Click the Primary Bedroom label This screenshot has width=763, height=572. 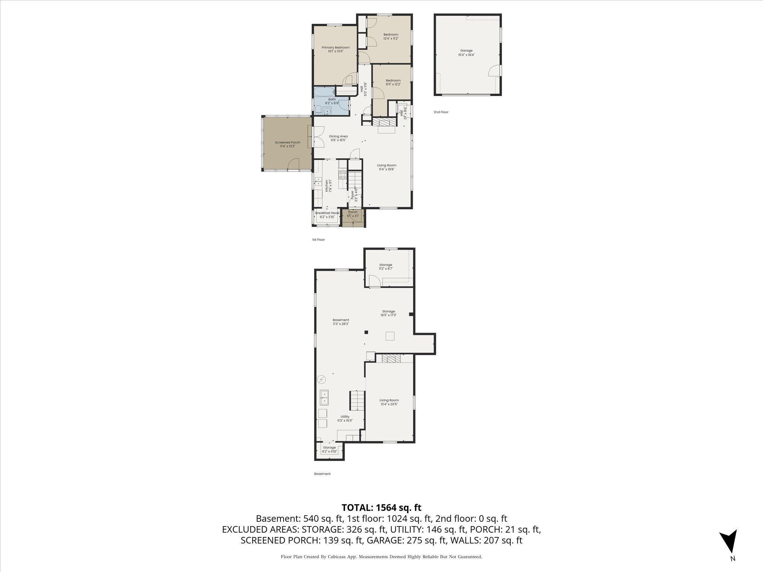click(x=335, y=49)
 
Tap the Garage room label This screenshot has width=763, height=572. click(x=466, y=53)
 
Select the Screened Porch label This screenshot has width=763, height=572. click(x=287, y=144)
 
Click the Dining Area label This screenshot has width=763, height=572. click(x=338, y=138)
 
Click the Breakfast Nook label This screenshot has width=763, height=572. click(x=327, y=215)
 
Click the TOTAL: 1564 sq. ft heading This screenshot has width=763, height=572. click(x=381, y=508)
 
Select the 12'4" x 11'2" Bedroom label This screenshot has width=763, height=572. click(x=391, y=36)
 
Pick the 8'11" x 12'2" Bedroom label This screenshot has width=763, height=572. click(x=393, y=82)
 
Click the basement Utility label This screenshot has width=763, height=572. click(x=345, y=419)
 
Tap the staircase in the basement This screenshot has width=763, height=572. click(x=356, y=400)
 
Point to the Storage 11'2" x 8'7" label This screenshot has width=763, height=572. click(x=386, y=267)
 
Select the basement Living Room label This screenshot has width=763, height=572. click(x=389, y=402)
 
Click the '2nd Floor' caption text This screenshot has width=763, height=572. click(x=441, y=112)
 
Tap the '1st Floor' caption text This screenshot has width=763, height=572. click(x=318, y=240)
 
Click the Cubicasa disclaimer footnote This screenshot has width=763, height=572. click(x=381, y=557)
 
